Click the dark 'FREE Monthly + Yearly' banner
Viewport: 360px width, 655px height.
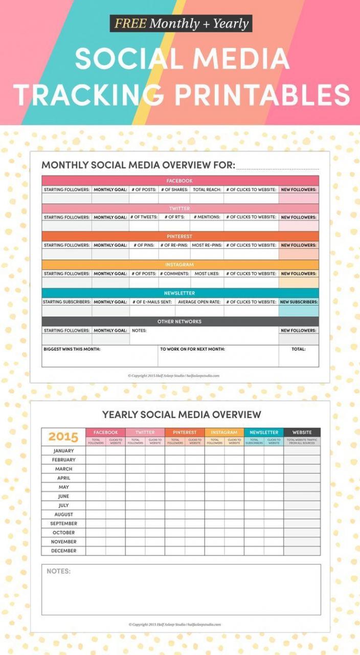coord(181,24)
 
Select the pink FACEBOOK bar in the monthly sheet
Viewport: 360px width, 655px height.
coord(179,181)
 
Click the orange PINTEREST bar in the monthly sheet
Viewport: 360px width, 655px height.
coord(179,236)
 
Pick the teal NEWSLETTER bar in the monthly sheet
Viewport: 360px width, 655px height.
coord(179,293)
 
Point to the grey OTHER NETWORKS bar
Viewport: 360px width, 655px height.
coord(179,321)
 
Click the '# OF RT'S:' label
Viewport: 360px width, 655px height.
coord(174,217)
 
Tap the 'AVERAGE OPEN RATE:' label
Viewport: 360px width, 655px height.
coord(199,302)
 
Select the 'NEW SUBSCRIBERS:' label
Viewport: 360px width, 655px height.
coord(299,302)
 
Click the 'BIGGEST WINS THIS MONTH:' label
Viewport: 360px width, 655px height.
coord(72,349)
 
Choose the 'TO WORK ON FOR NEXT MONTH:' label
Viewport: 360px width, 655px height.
coord(192,349)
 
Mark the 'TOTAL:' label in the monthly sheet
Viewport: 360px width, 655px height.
coord(299,349)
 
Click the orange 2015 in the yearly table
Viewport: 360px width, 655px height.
coord(63,437)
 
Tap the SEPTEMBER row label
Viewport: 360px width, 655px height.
coord(63,523)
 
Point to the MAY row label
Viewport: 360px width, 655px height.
coord(63,487)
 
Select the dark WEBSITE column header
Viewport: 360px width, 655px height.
coord(302,432)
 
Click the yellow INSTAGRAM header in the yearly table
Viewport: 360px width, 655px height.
coord(224,432)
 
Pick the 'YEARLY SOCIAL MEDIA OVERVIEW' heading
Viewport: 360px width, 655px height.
coord(182,414)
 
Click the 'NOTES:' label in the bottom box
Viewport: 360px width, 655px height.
coord(59,571)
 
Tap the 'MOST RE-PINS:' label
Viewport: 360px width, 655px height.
coord(207,245)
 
